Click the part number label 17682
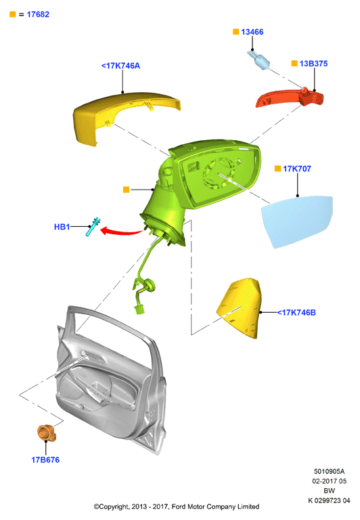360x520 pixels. coord(38,14)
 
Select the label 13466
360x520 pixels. coord(252,32)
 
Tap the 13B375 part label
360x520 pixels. coord(313,64)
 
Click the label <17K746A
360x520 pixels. coord(120,66)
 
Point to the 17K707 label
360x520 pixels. coord(297,169)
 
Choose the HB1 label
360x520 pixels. coord(62,227)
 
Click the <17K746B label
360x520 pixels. coord(296,312)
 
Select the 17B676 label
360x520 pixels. coord(45,460)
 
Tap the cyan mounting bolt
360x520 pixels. coord(93,227)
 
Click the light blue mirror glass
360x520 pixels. coord(297,221)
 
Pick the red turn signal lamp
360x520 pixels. coord(290,97)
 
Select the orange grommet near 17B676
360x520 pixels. coord(47,433)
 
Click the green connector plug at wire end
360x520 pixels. coord(139,309)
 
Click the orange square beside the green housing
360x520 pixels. coord(126,190)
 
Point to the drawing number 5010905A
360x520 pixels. coord(329,471)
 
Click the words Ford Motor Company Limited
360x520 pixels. coord(215,506)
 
